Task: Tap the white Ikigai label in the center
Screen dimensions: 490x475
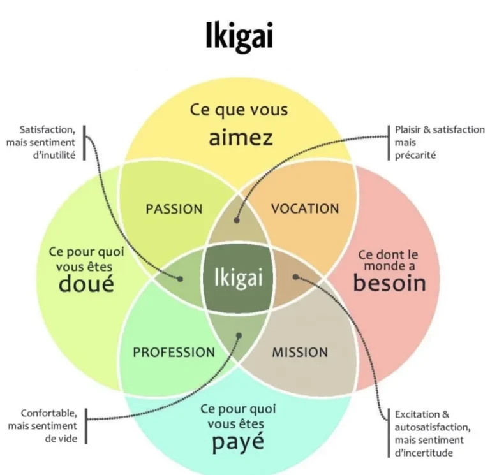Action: pyautogui.click(x=239, y=277)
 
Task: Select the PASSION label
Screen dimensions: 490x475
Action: pyautogui.click(x=174, y=209)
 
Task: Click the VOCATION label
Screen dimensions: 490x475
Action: pyautogui.click(x=305, y=208)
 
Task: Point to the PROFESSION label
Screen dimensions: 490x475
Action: pyautogui.click(x=174, y=353)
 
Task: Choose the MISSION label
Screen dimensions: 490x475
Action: pyautogui.click(x=300, y=353)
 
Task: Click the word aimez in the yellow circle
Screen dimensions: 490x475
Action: pyautogui.click(x=241, y=138)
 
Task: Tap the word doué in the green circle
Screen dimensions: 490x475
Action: pyautogui.click(x=86, y=283)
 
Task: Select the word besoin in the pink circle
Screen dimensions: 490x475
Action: pyautogui.click(x=390, y=282)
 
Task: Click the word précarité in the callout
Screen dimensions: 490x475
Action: pyautogui.click(x=415, y=155)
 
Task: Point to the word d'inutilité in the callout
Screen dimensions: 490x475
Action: pyautogui.click(x=54, y=155)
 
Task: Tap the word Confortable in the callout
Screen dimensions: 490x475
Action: pyautogui.click(x=48, y=413)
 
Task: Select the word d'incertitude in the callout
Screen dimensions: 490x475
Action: pyautogui.click(x=424, y=453)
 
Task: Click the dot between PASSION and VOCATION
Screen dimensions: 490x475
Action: pyautogui.click(x=237, y=220)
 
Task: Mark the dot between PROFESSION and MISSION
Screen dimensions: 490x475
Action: pyautogui.click(x=239, y=336)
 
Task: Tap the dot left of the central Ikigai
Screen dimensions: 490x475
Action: pyautogui.click(x=180, y=279)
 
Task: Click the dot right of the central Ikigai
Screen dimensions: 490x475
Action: pyautogui.click(x=295, y=277)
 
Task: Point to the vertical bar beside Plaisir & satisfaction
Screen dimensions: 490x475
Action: pyautogui.click(x=389, y=143)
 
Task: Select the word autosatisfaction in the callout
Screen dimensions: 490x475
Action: pyautogui.click(x=433, y=427)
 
